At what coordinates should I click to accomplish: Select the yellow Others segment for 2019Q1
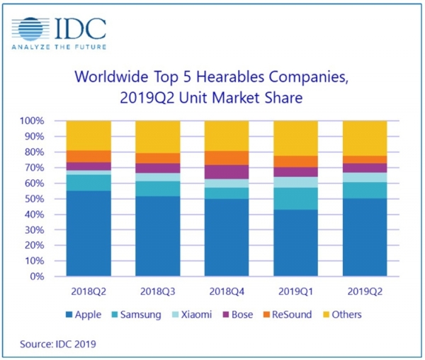coord(296,138)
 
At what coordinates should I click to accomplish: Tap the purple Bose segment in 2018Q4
coord(227,171)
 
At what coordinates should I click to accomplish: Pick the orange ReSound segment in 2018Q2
coord(88,156)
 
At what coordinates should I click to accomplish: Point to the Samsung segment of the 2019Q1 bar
coord(296,198)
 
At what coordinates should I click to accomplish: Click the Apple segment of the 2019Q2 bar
coord(365,237)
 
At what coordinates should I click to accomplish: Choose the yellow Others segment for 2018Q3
coord(157,137)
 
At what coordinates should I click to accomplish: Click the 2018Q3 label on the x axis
coord(157,291)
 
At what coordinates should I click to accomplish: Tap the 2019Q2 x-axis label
coord(365,291)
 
